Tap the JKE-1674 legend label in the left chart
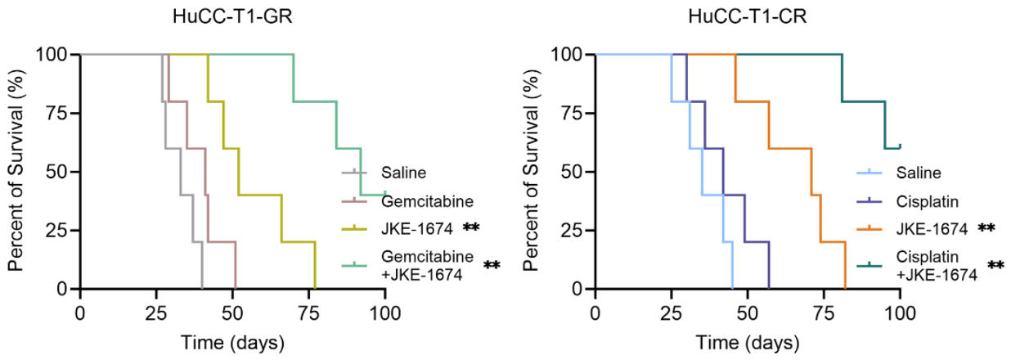[x=413, y=227]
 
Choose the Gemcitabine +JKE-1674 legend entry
[x=426, y=264]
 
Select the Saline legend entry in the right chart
[x=917, y=173]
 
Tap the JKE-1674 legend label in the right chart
[x=928, y=227]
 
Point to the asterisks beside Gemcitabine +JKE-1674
[x=492, y=264]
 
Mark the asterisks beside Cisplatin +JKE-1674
[x=997, y=264]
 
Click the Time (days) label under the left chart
[x=233, y=340]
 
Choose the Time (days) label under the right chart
[x=748, y=340]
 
